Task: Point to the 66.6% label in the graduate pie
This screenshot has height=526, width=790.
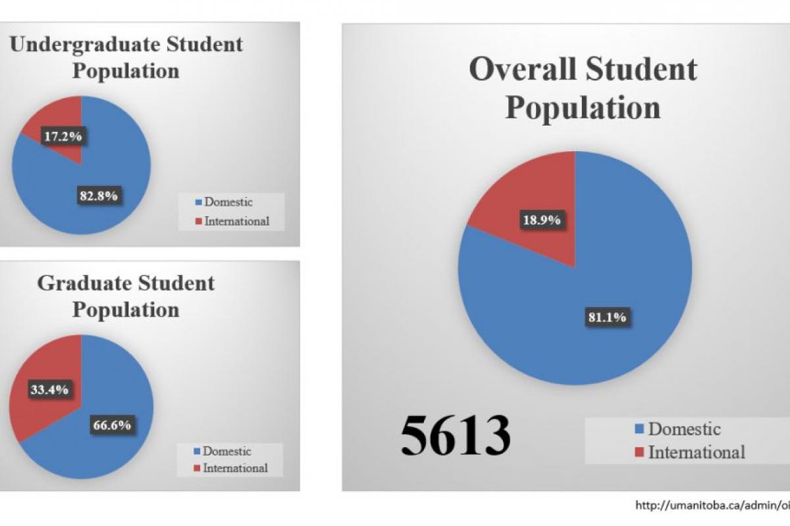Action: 111,425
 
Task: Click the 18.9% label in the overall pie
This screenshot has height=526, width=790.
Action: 542,220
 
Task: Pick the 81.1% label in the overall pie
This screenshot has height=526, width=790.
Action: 606,317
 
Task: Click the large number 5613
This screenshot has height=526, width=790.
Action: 455,435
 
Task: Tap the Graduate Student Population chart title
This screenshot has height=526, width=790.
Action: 125,295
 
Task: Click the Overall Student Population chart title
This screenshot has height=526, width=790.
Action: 583,88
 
